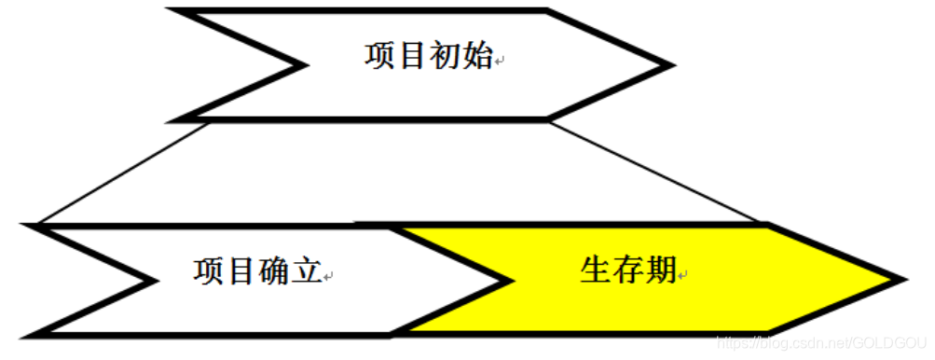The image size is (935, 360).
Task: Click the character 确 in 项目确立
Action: (x=275, y=271)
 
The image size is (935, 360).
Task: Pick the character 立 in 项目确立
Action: (x=308, y=271)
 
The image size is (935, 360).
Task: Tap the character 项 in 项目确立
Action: (x=210, y=271)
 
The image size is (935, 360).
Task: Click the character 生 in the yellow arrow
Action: (x=596, y=270)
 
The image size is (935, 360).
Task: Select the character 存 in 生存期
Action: (x=629, y=270)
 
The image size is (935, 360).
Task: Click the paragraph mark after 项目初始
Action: (x=499, y=62)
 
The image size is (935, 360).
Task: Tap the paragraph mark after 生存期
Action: (x=683, y=277)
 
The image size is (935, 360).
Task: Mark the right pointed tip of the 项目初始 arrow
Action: (x=668, y=65)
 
